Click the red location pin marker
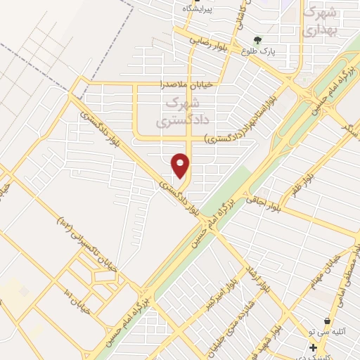pos(181,165)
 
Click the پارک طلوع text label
pos(257,52)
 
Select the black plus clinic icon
pos(313,347)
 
